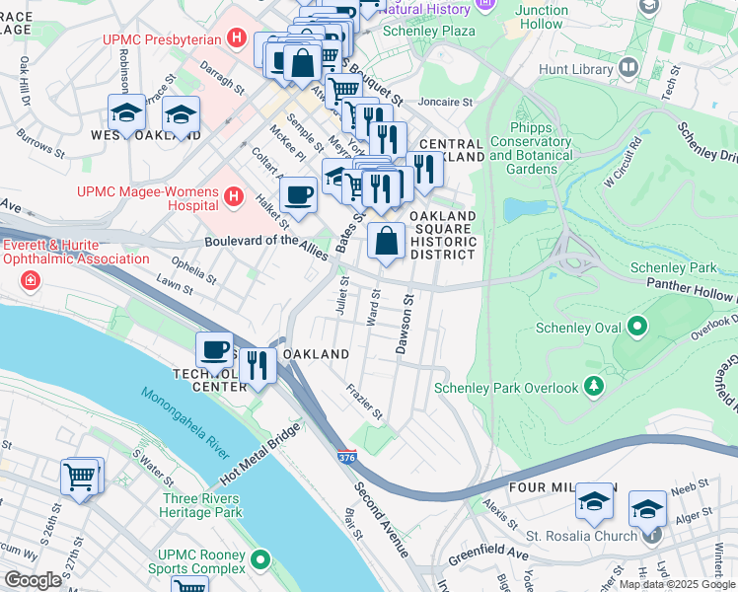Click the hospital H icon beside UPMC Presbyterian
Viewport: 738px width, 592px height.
pos(236,39)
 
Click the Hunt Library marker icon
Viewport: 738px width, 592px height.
pos(627,68)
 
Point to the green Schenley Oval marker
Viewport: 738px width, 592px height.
pos(637,325)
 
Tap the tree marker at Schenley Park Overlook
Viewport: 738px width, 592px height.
pos(593,386)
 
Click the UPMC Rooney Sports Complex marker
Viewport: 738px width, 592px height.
pos(260,559)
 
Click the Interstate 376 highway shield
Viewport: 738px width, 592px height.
pos(346,458)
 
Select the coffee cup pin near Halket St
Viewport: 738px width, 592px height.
pos(298,195)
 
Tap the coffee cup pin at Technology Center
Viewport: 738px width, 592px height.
pos(215,350)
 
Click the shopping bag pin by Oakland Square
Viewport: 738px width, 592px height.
pos(386,241)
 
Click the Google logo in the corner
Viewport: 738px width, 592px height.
pos(34,580)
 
